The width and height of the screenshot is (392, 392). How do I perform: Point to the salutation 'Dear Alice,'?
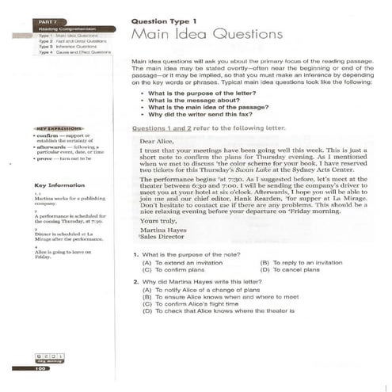point(155,141)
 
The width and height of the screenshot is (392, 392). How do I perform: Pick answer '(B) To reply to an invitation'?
point(303,261)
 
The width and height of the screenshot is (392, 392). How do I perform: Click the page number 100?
point(41,367)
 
